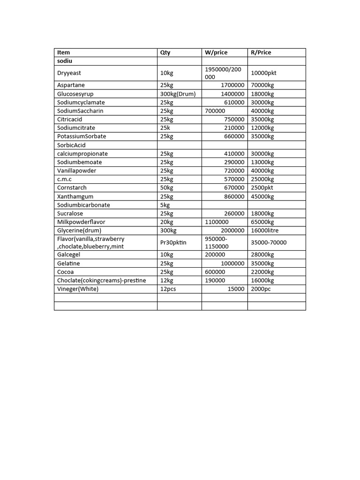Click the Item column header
(64, 52)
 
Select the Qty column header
(165, 52)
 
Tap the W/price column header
(216, 52)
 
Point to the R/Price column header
(261, 52)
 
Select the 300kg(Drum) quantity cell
(178, 94)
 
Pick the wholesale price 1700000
(232, 85)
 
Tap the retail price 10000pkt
(264, 73)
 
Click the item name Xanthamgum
(75, 196)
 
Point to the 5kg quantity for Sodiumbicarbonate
(165, 205)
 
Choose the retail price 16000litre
(265, 231)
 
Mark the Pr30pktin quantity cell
(173, 243)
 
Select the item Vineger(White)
(78, 289)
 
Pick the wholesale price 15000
(236, 289)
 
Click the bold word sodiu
(65, 61)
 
